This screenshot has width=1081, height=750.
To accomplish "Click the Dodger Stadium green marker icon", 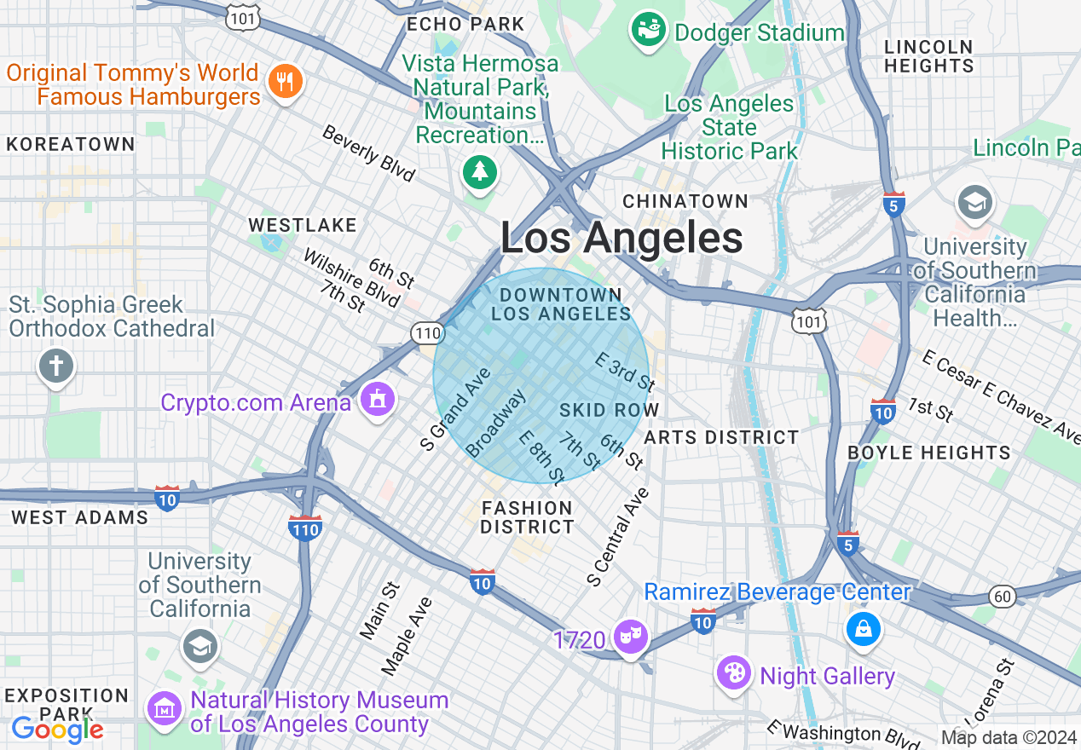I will (649, 31).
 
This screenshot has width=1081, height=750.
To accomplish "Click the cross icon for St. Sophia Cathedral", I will (56, 367).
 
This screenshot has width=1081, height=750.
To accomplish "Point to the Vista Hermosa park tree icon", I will (480, 172).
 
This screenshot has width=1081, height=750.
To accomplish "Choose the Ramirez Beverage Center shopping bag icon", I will (863, 629).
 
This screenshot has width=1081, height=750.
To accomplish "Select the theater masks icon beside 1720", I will (631, 637).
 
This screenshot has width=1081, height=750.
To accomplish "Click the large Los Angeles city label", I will (621, 238).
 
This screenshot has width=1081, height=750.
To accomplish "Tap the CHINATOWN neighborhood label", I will (685, 201).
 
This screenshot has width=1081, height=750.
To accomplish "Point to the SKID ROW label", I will (609, 410).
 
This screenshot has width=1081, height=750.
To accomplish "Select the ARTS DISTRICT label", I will (721, 438).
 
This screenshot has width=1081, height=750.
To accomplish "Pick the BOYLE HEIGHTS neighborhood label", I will (928, 453).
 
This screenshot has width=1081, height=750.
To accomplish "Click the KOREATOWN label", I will (70, 145).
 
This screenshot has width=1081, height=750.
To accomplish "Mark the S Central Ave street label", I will (618, 537).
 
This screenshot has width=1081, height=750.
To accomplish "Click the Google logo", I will (57, 729).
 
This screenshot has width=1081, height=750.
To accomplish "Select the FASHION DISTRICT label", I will (527, 517).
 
